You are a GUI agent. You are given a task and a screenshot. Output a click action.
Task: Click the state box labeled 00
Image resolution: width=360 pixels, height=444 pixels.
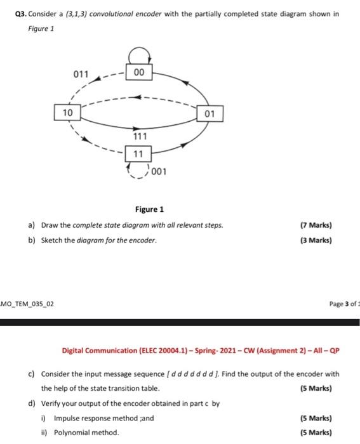point(140,73)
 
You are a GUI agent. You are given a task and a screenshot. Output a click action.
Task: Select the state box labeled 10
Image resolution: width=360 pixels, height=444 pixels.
point(67,112)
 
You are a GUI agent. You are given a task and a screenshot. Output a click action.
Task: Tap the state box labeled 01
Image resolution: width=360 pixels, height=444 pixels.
point(210,114)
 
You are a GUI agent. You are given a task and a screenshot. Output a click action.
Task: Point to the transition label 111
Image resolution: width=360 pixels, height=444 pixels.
point(140,137)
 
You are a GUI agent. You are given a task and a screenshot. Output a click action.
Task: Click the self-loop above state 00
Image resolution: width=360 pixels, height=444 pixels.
point(140,55)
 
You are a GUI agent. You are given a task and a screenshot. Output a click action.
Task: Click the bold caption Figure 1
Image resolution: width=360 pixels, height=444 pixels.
point(149,209)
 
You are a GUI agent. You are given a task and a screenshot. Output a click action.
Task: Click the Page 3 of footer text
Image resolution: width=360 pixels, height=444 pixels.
point(341,304)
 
